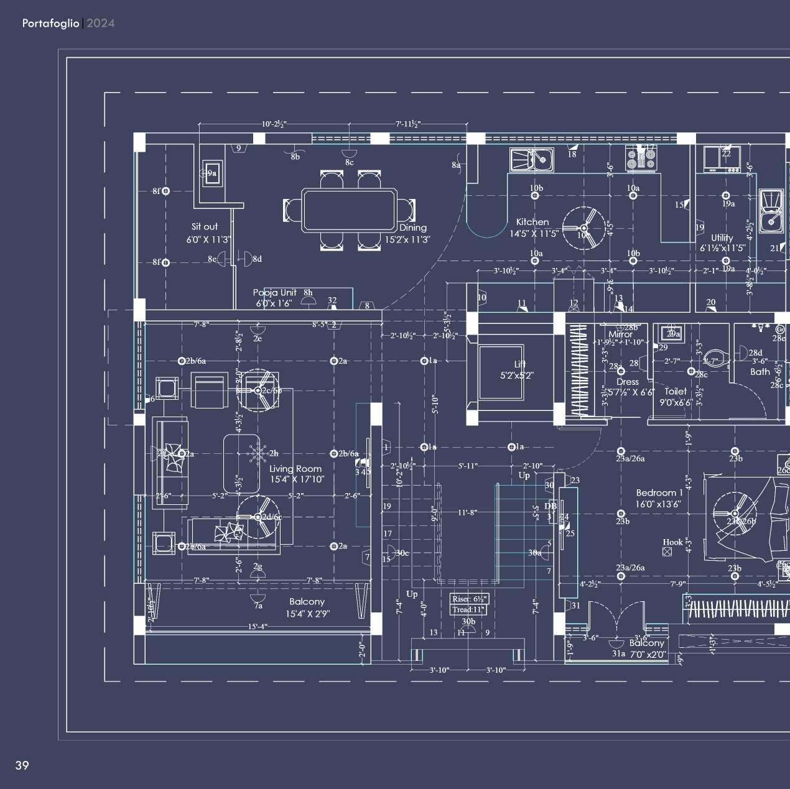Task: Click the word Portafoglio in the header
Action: [x=50, y=23]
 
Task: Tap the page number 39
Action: [x=22, y=765]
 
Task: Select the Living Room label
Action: [x=295, y=469]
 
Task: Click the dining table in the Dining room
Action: [x=349, y=211]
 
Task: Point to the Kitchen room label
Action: [x=532, y=222]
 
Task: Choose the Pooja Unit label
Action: [x=274, y=293]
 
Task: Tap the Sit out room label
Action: [x=205, y=227]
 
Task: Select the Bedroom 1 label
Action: [x=659, y=493]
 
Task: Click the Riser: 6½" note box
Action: [x=470, y=599]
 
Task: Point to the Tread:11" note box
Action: [x=469, y=609]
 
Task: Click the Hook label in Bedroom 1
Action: [x=672, y=542]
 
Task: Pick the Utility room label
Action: [x=722, y=238]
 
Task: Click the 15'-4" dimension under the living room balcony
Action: [x=257, y=627]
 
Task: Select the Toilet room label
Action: [x=676, y=392]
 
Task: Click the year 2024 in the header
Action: [x=101, y=23]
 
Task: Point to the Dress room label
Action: [x=628, y=382]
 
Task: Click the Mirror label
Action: [x=620, y=335]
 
